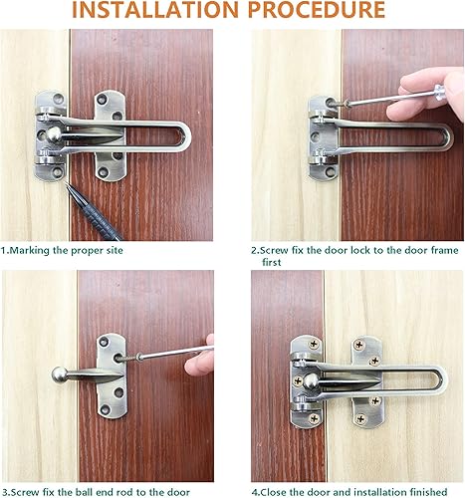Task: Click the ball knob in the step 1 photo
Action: [50, 132]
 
